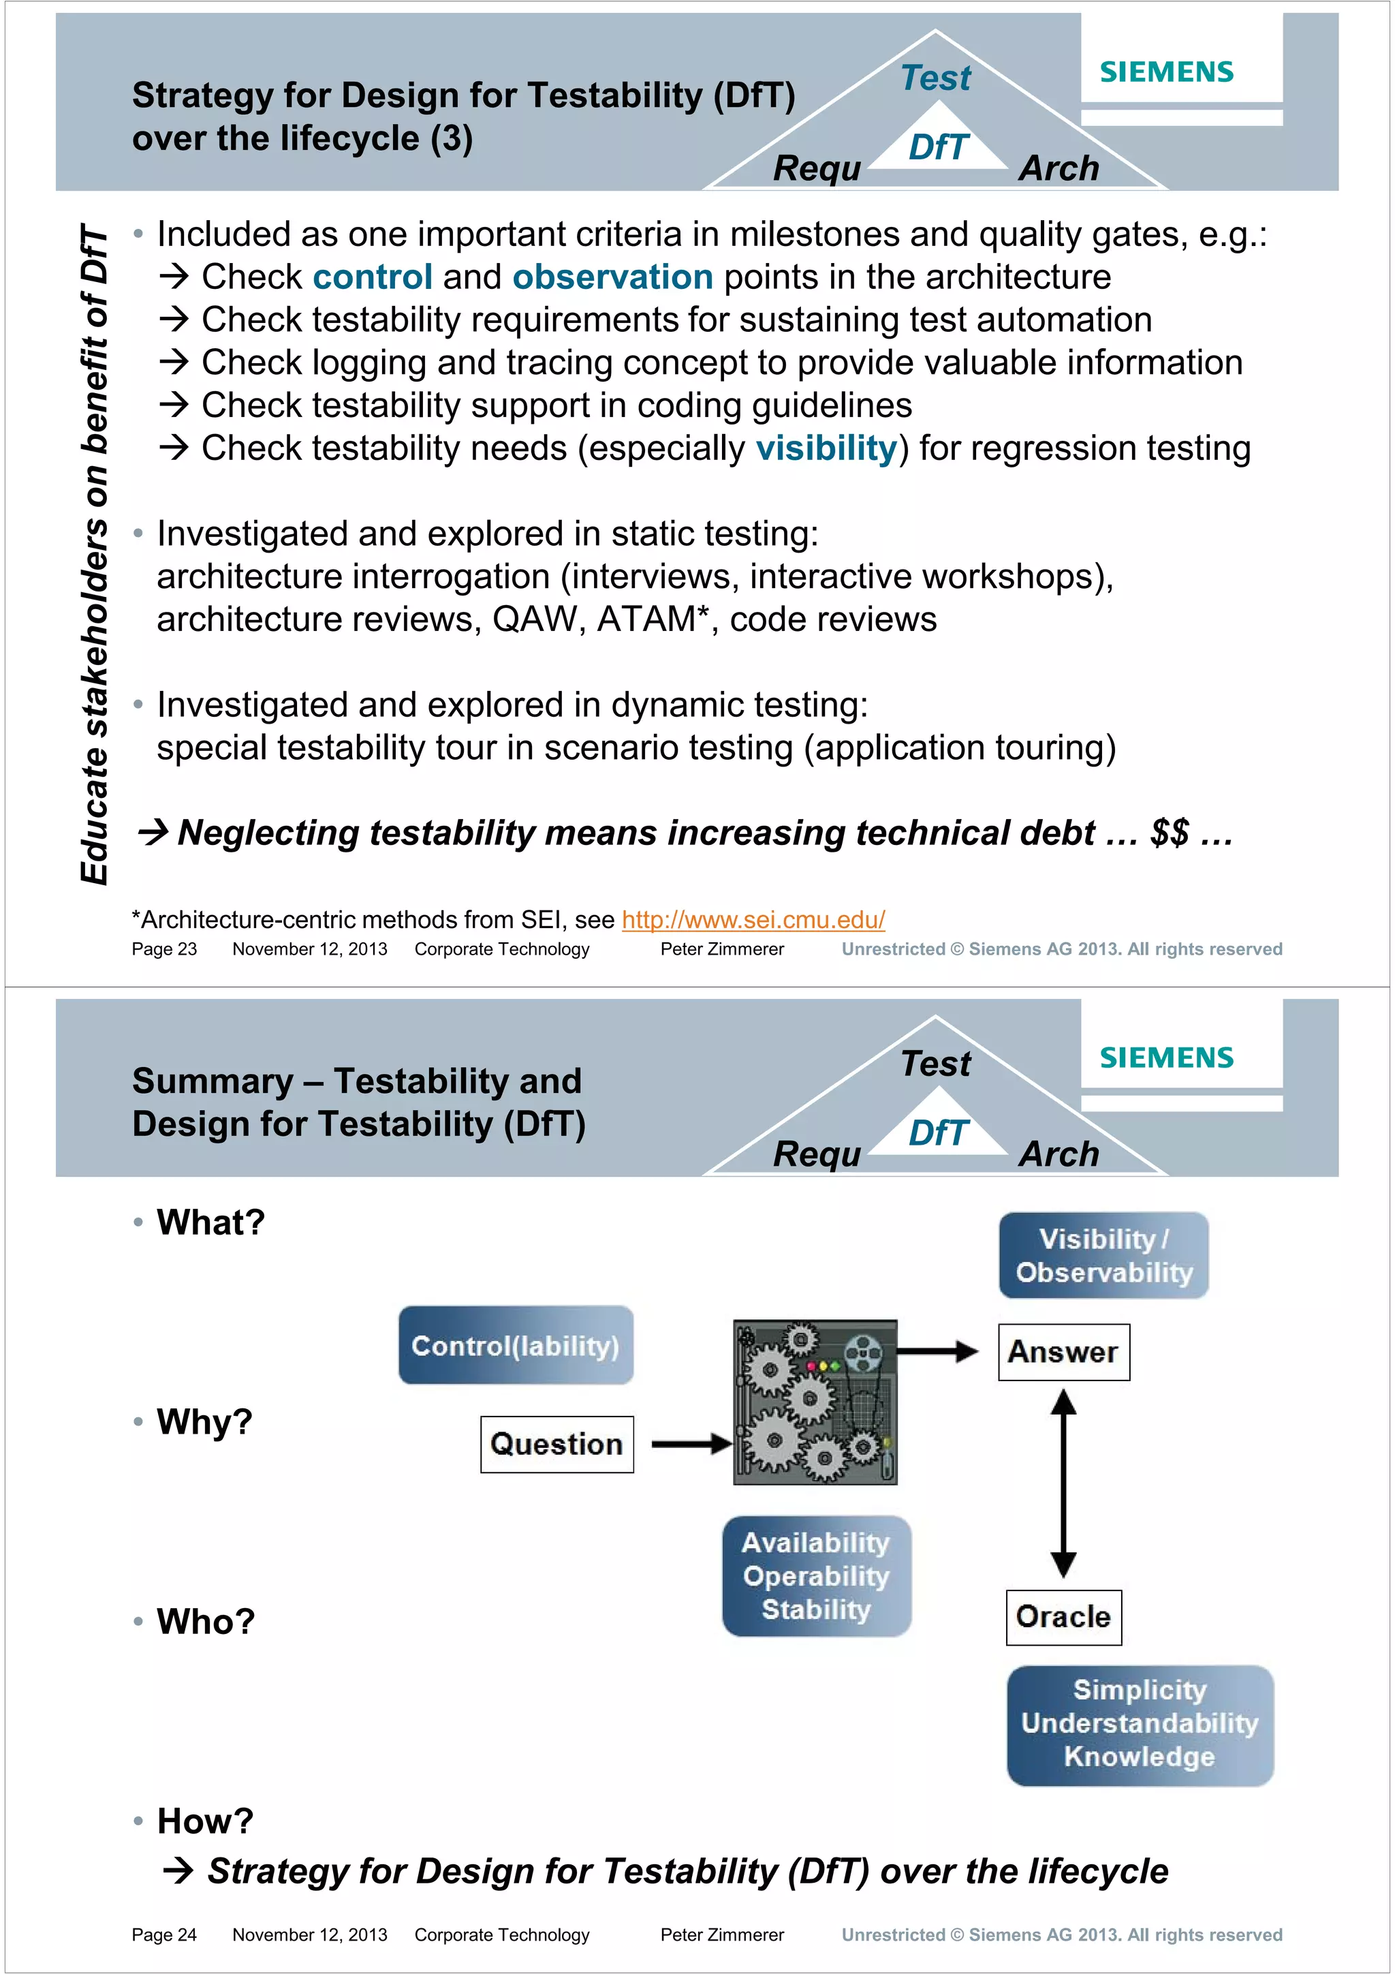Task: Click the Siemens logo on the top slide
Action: [x=1165, y=72]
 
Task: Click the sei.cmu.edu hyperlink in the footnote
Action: [x=753, y=920]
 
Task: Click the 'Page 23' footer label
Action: [x=164, y=949]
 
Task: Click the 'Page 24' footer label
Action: [x=164, y=1934]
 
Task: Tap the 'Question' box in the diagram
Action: [x=557, y=1445]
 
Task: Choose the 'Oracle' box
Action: [x=1063, y=1617]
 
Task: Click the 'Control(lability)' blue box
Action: [x=516, y=1346]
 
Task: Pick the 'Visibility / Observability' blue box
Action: [x=1103, y=1255]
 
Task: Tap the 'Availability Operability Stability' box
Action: [x=816, y=1576]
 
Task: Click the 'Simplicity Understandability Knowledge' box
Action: [x=1140, y=1724]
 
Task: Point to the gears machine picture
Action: [x=815, y=1402]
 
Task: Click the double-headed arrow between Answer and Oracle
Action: [x=1063, y=1483]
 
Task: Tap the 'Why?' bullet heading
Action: [x=204, y=1422]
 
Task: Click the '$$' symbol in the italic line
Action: [x=1170, y=833]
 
